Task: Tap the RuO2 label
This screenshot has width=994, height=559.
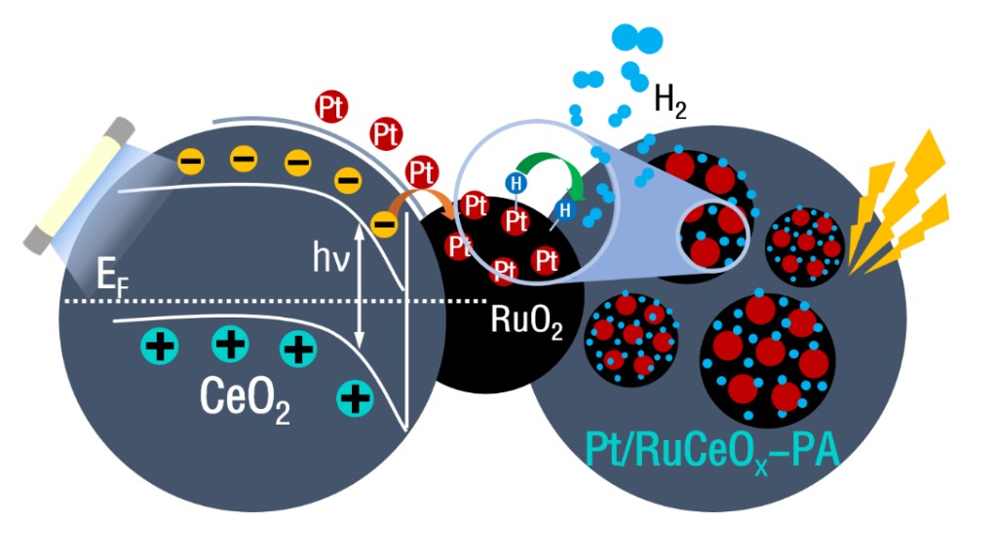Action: coord(526,320)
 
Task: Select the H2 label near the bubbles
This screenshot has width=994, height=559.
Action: coord(670,100)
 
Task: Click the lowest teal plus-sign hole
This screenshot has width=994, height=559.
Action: coord(355,396)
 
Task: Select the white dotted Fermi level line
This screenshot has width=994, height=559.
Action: coord(244,301)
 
